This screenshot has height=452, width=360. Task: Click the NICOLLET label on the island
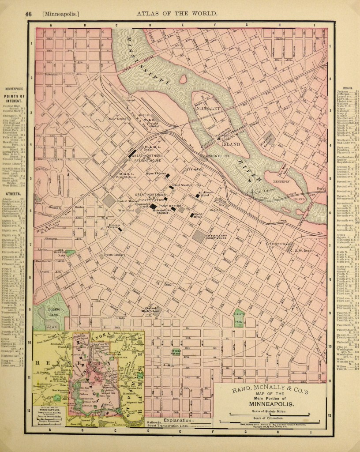207,107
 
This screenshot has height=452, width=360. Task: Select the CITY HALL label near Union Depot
193,169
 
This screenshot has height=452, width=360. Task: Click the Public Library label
115,255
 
